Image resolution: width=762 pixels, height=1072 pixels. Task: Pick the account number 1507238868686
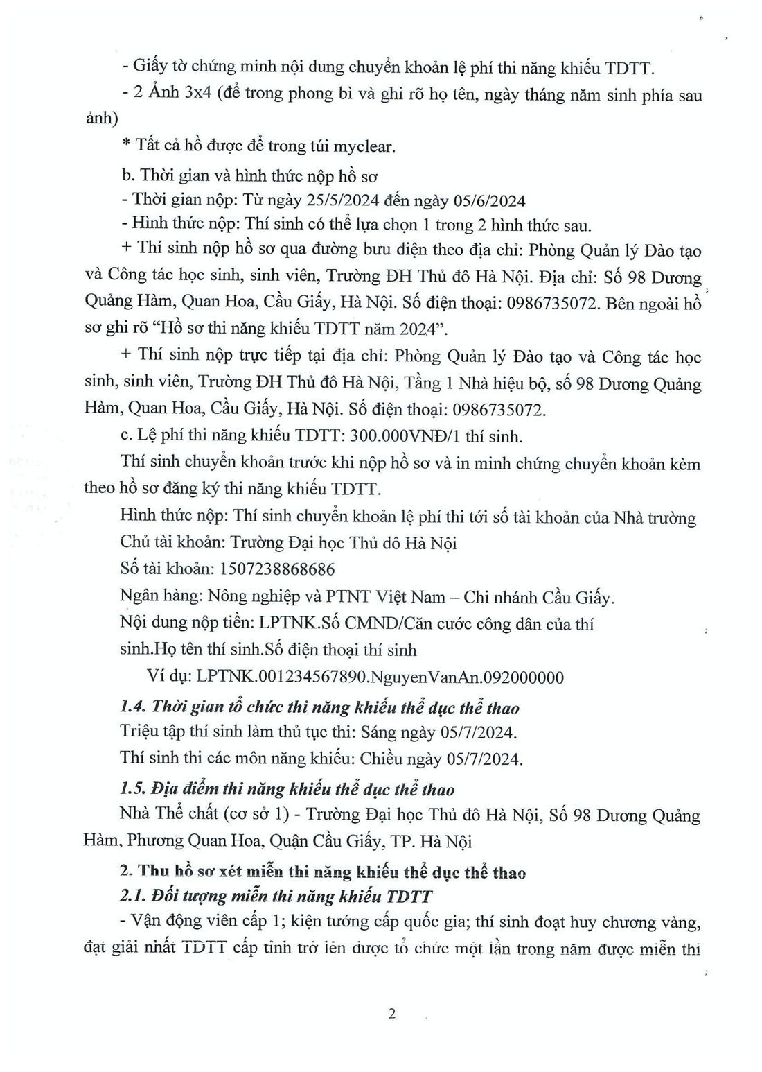coord(276,569)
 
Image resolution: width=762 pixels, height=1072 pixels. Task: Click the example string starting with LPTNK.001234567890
coord(380,677)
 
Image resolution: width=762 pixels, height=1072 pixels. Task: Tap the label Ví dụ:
coord(169,677)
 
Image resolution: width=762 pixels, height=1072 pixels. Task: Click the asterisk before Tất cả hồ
coord(126,145)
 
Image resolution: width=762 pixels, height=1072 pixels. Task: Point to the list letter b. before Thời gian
coord(127,175)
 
